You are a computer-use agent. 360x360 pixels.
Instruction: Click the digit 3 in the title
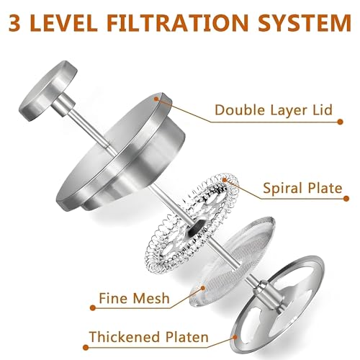[14, 22]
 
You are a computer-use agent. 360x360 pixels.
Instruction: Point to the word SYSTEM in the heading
[305, 22]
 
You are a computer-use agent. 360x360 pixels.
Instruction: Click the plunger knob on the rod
[48, 91]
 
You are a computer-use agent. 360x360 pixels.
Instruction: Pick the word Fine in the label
[114, 298]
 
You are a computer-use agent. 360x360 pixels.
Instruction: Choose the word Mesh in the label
[151, 298]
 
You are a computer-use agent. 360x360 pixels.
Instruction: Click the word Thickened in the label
[125, 337]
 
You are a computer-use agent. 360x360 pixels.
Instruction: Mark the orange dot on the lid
[156, 99]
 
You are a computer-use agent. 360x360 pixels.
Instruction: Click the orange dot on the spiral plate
[225, 180]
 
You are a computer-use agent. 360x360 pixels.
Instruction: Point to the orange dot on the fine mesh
[203, 287]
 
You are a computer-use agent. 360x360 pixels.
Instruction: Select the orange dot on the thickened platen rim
[235, 338]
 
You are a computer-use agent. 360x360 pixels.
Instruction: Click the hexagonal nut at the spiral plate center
[196, 228]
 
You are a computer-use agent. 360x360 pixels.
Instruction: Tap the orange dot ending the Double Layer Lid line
[340, 122]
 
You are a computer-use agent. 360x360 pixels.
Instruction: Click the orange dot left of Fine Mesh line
[93, 307]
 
